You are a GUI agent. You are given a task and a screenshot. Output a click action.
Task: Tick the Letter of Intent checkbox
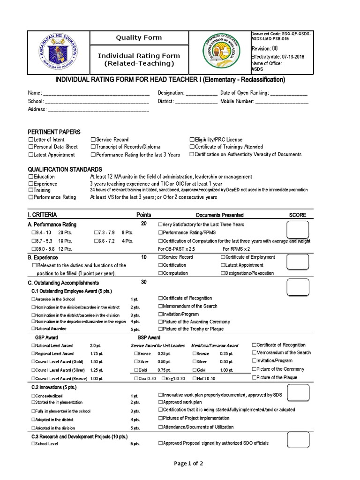click(30, 140)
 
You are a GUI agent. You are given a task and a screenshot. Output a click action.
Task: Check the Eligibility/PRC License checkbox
click(192, 140)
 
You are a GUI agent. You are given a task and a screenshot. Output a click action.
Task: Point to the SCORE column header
click(298, 215)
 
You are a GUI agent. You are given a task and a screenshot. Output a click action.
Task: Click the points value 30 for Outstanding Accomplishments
click(144, 282)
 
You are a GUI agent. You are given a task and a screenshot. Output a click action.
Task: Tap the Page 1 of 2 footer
click(180, 464)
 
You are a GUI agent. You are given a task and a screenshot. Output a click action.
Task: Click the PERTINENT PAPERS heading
click(54, 132)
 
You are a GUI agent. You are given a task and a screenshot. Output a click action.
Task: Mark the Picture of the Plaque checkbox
click(255, 377)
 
